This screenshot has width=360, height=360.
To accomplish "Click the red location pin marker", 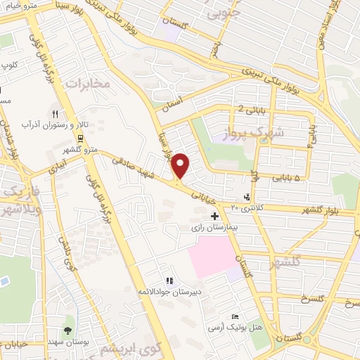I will tap(181, 165).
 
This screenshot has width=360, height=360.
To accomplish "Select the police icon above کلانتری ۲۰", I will tap(245, 196).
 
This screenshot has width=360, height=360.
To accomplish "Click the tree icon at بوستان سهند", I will tap(67, 330).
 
